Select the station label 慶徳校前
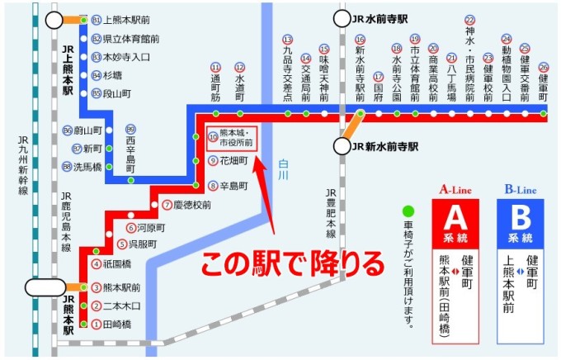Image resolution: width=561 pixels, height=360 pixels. click(191, 205)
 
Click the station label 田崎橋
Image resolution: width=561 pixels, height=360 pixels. click(116, 324)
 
